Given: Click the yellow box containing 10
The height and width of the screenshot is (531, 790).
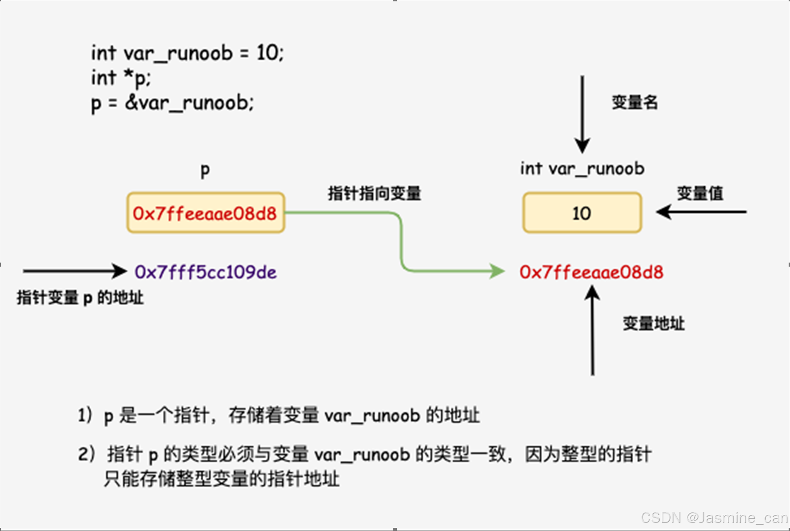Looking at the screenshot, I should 582,213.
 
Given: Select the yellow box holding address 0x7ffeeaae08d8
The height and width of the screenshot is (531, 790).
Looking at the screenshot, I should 206,213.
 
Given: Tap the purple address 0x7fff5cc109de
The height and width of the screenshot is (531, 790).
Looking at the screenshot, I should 206,272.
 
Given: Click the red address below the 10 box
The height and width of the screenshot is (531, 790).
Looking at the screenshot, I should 591,272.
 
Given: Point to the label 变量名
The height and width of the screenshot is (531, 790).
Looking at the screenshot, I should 634,102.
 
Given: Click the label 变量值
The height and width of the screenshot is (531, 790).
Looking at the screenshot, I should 700,194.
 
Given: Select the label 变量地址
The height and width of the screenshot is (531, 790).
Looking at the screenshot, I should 653,323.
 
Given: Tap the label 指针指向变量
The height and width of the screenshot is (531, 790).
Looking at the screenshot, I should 374,194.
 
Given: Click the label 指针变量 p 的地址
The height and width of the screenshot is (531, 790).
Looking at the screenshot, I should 80,298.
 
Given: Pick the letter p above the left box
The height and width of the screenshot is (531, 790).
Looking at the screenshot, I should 205,171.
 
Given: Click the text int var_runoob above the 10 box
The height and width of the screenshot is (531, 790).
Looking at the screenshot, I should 582,169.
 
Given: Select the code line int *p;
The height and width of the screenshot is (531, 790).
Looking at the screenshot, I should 121,78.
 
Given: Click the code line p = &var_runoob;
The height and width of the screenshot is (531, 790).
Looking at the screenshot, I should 172,103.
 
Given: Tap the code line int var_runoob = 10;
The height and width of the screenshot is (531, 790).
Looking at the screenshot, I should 187,53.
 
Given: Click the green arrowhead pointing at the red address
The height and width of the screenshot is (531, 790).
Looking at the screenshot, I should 497,271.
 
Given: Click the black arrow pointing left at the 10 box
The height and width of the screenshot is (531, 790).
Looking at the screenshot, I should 701,212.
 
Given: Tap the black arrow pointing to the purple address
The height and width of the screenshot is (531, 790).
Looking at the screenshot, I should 75,271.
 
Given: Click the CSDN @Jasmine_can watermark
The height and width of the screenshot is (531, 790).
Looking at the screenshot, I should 714,517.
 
